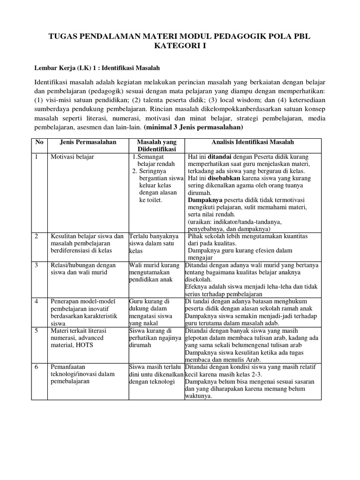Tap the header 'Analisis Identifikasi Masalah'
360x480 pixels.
[x=252, y=142]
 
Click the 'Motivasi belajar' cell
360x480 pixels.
[x=72, y=157]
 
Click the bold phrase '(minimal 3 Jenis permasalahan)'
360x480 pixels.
[x=194, y=127]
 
